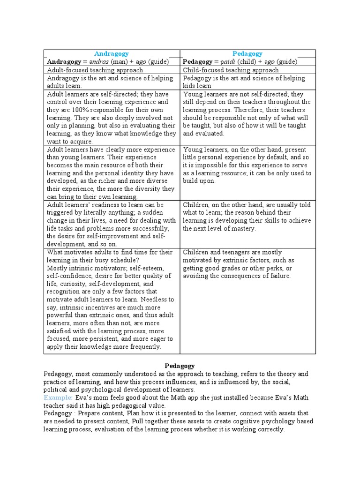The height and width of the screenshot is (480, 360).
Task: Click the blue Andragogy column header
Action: click(x=112, y=54)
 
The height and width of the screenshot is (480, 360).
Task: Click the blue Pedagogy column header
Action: click(x=247, y=54)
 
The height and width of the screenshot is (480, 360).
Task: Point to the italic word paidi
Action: click(x=228, y=62)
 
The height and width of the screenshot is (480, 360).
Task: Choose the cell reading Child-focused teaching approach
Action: click(x=231, y=70)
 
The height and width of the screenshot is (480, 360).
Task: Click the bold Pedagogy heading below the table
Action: click(x=180, y=366)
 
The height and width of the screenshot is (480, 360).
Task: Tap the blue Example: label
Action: click(x=59, y=397)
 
